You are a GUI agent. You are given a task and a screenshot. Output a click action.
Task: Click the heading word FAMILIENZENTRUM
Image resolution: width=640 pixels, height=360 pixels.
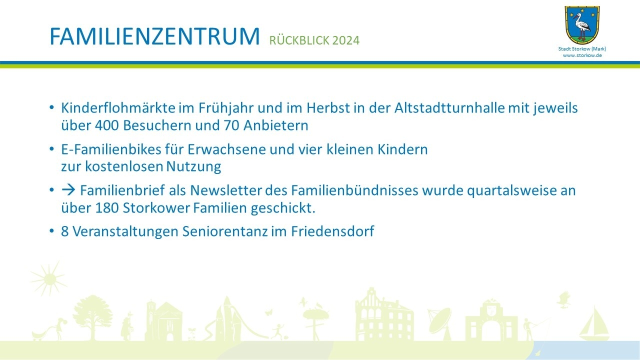point(154,36)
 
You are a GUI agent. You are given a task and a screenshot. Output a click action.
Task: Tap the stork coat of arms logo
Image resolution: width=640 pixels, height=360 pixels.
point(582,25)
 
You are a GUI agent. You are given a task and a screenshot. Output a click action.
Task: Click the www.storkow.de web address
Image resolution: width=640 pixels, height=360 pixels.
point(582,55)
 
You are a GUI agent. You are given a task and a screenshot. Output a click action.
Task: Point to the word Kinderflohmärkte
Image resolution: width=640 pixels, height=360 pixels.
point(118,108)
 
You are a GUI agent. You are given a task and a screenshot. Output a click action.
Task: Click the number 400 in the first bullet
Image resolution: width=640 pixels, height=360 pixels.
point(107,125)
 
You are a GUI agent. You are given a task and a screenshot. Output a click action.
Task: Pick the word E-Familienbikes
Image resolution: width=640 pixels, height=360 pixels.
point(111,149)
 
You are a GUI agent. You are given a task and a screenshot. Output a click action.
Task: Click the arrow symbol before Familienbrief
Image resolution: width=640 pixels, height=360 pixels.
point(68,190)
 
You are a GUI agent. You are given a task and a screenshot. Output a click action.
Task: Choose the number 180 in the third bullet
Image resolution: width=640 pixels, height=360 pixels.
point(107,207)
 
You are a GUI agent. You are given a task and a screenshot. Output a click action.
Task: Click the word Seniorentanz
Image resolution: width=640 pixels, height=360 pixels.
point(225,231)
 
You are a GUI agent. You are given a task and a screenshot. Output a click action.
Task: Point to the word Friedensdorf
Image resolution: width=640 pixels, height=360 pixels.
point(332,231)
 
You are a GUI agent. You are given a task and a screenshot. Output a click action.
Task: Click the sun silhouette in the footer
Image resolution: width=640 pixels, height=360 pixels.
point(49,279)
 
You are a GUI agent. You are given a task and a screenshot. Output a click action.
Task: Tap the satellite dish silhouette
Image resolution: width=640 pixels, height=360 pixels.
point(440,323)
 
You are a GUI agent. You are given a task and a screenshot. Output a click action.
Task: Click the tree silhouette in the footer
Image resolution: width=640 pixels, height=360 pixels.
point(92,317)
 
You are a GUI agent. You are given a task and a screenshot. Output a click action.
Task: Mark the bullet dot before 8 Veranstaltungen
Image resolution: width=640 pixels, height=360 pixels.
point(51,230)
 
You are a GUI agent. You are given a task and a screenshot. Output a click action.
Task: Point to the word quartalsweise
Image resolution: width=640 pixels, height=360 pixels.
point(512,190)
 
